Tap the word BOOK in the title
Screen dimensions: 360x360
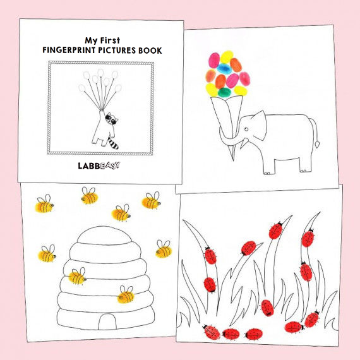(x=150, y=51)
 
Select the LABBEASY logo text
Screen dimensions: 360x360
(x=99, y=165)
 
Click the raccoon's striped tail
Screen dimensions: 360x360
(x=112, y=143)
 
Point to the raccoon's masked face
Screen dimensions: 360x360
(x=112, y=119)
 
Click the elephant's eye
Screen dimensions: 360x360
(x=246, y=129)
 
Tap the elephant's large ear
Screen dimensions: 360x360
(x=259, y=125)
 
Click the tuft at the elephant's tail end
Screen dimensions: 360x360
(x=317, y=145)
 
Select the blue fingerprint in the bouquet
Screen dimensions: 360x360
(x=224, y=69)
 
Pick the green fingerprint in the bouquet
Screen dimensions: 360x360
(x=224, y=92)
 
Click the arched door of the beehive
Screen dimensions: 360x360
(x=107, y=321)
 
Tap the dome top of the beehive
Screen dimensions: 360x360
(x=104, y=236)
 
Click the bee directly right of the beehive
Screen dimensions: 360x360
(x=164, y=249)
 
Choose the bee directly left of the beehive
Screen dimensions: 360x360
(x=47, y=253)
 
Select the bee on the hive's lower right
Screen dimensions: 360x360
(x=126, y=294)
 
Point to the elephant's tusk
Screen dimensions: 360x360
(x=244, y=143)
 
